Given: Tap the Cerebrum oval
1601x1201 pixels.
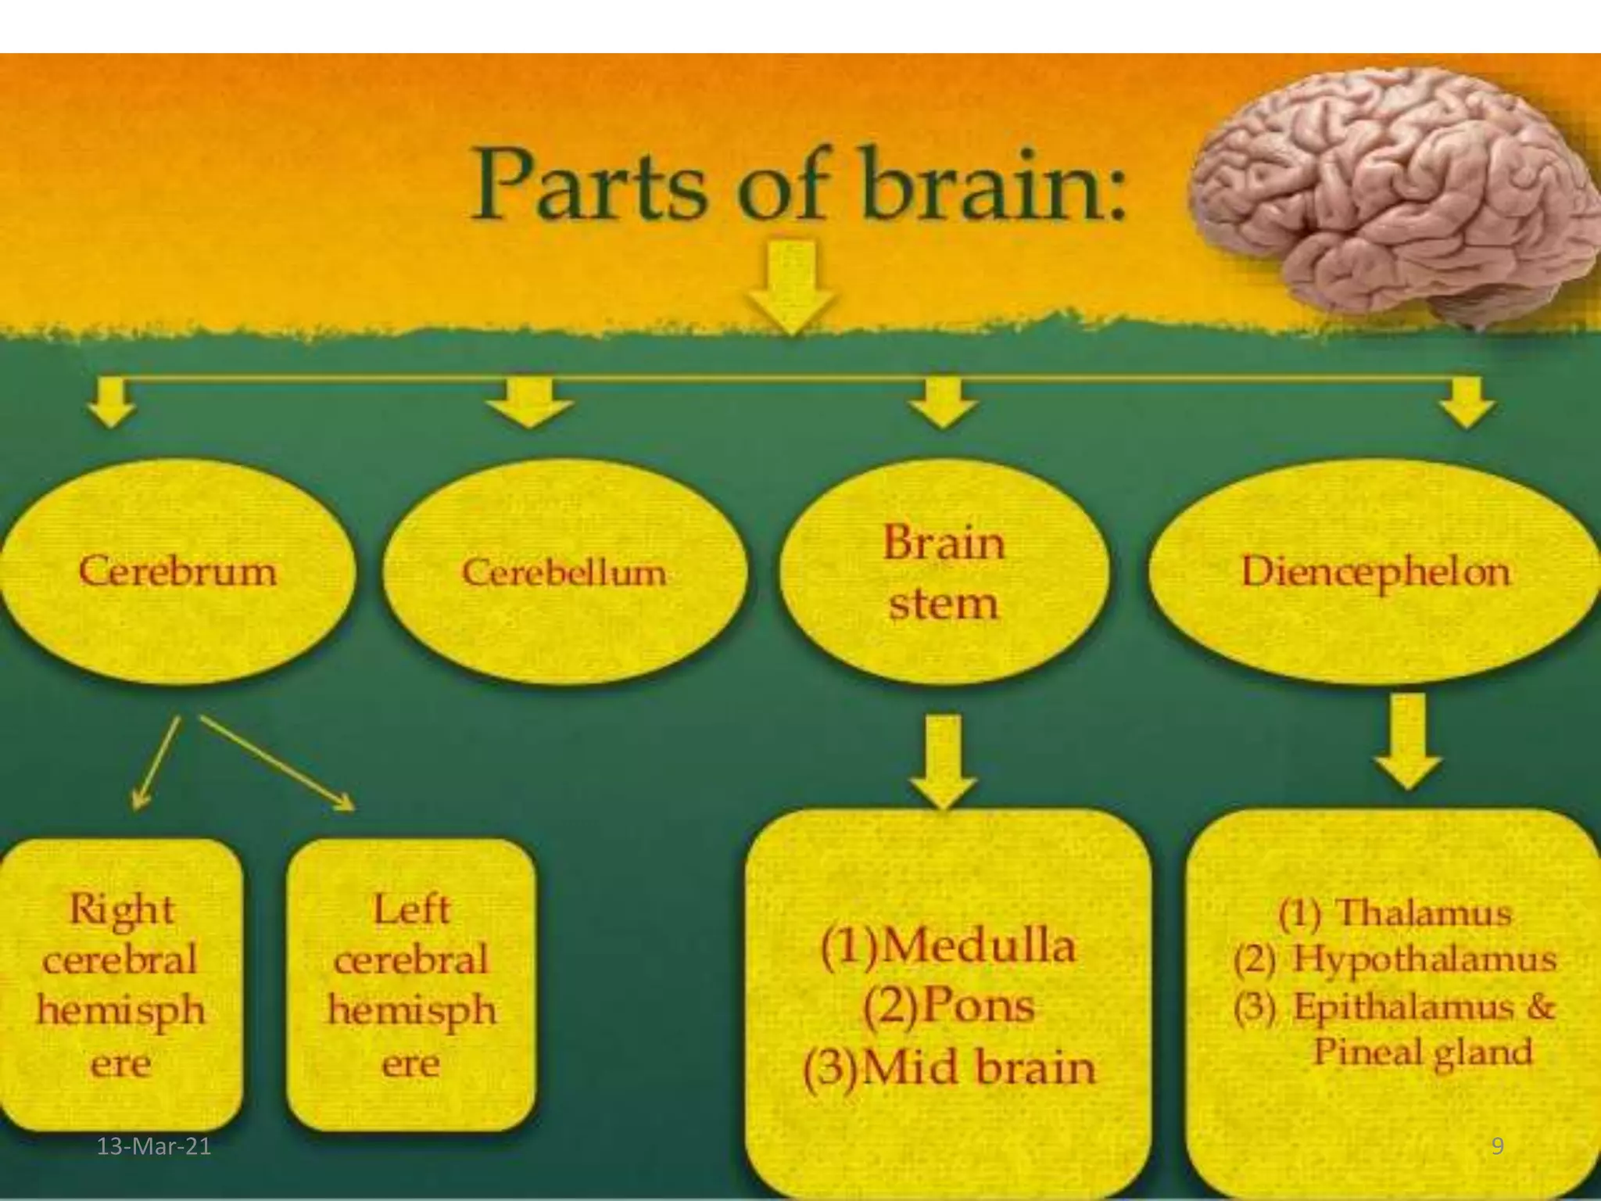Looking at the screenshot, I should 178,571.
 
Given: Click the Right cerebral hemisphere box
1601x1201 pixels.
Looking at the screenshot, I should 120,985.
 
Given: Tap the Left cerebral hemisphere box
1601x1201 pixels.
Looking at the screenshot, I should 411,985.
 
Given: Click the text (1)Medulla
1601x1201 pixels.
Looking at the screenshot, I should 947,946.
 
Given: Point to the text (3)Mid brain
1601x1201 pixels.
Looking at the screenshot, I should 949,1068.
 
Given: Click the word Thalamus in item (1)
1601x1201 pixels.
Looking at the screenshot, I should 1423,913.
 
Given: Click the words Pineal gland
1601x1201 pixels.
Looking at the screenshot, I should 1423,1052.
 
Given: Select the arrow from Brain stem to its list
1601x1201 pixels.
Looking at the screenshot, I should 944,762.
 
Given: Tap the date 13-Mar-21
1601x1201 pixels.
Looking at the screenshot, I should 154,1146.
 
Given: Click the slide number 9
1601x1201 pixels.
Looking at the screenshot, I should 1497,1146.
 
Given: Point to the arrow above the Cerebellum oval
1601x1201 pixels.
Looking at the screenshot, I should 530,403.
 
